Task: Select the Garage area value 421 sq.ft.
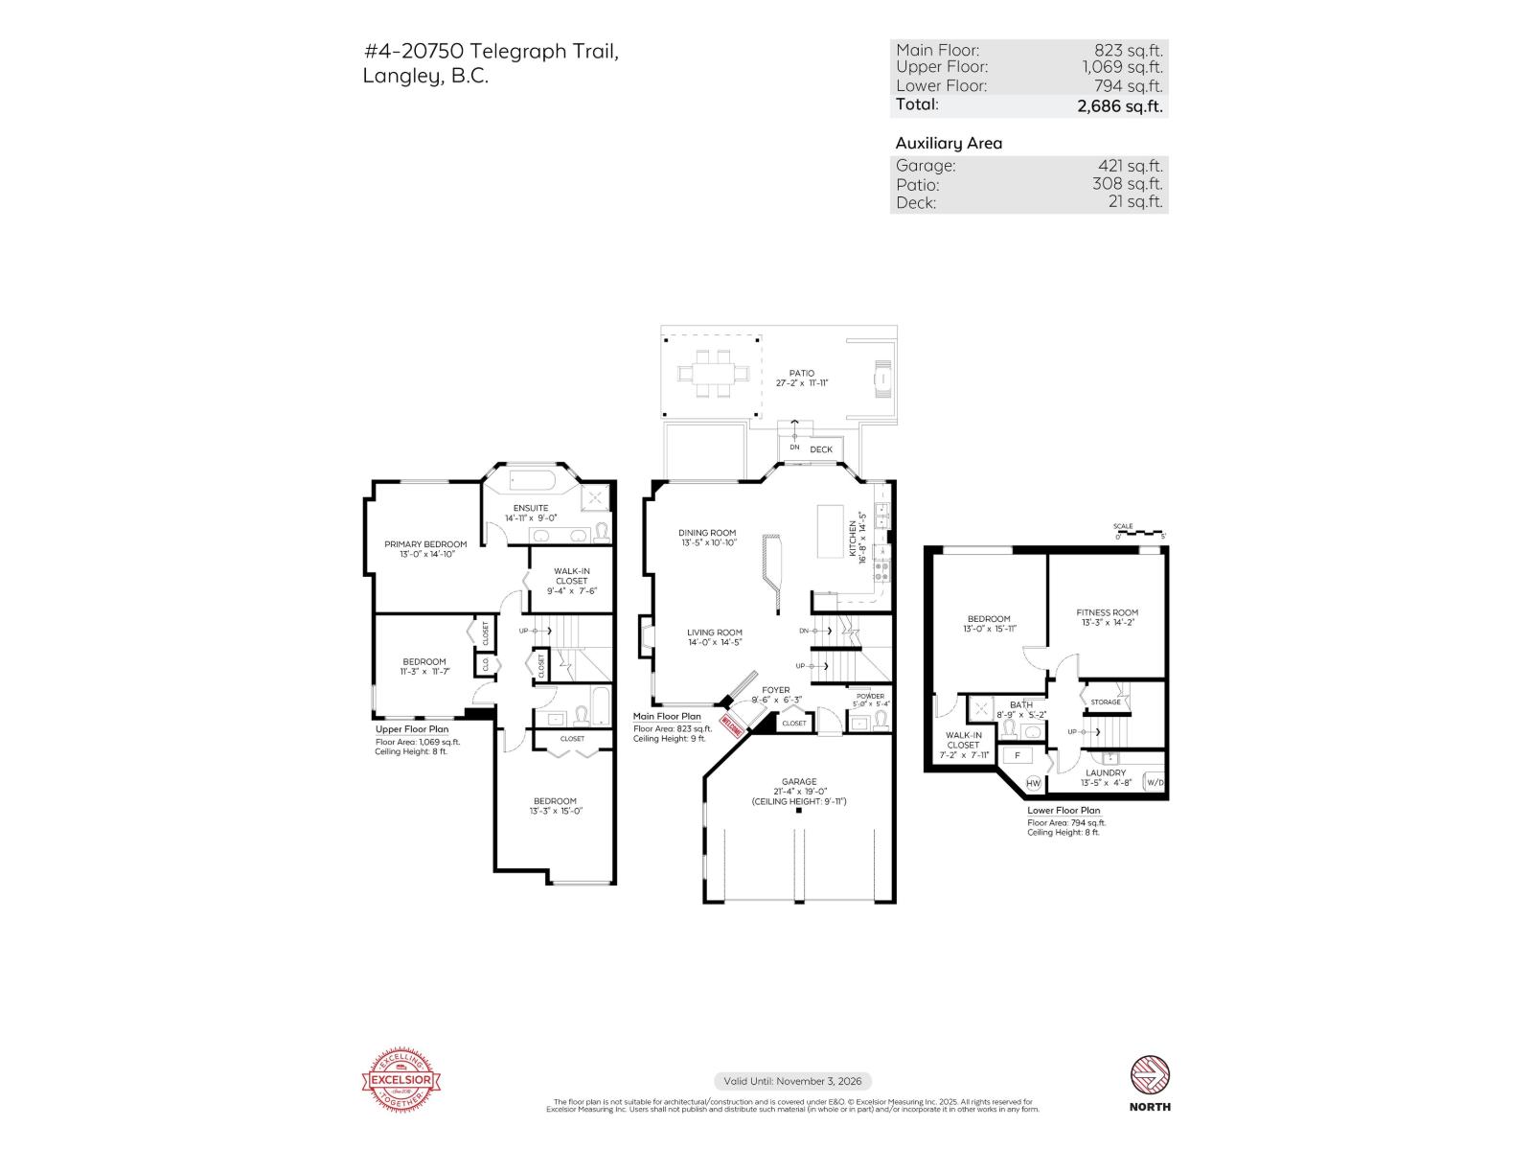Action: (1130, 165)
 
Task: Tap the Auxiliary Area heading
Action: (948, 143)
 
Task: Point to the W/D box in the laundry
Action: (1155, 783)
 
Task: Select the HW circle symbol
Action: (1033, 783)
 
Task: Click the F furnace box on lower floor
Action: (1017, 755)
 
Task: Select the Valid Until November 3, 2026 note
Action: (792, 1081)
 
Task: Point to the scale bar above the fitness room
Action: (1139, 533)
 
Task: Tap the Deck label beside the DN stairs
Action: (821, 449)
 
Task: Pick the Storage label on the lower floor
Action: (1105, 702)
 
